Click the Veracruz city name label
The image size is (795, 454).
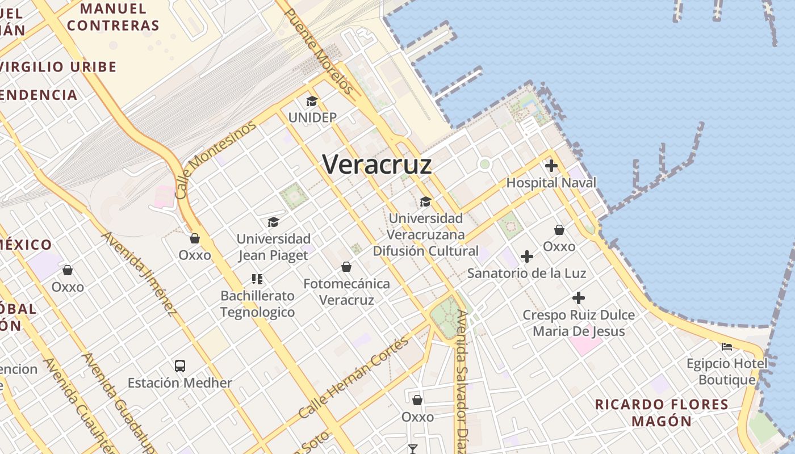click(x=377, y=165)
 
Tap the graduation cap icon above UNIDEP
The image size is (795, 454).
click(x=312, y=102)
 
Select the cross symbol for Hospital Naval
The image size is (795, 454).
click(x=551, y=166)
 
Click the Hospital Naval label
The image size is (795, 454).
click(x=551, y=183)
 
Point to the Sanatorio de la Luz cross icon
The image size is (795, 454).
click(x=527, y=257)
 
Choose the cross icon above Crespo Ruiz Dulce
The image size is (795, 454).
click(x=578, y=298)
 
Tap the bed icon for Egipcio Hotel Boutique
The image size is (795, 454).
click(x=726, y=346)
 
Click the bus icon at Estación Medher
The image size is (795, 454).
click(x=180, y=366)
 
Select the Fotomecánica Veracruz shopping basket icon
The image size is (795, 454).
click(x=346, y=267)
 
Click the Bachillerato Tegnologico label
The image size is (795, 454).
click(x=258, y=304)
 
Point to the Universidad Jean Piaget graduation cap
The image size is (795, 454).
click(x=274, y=222)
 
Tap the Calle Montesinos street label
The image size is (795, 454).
click(x=215, y=161)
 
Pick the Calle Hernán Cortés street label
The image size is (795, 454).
click(x=353, y=377)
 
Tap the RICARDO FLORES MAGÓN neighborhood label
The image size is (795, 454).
click(x=662, y=413)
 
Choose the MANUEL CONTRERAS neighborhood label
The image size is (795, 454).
click(x=113, y=18)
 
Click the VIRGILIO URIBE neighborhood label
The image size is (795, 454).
click(x=58, y=67)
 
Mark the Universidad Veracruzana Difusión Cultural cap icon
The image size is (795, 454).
click(x=425, y=201)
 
